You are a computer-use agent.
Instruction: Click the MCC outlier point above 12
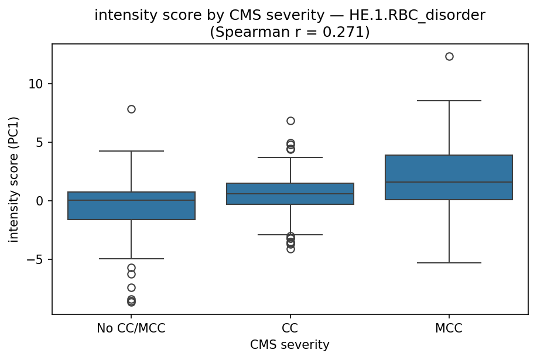[449, 57]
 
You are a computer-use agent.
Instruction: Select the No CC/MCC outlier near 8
[131, 109]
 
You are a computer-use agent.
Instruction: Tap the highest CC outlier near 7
[290, 121]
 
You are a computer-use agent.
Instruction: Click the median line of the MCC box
[449, 182]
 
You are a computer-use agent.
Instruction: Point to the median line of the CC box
[290, 194]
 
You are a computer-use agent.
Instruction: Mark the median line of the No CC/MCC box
[131, 200]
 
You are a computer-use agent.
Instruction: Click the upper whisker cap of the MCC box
[449, 101]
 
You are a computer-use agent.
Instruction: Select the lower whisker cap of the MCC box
[449, 263]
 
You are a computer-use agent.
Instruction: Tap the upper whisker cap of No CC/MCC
[131, 151]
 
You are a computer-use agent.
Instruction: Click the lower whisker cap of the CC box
[290, 235]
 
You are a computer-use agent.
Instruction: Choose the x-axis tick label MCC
[449, 328]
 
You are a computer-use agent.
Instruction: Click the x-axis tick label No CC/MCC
[131, 328]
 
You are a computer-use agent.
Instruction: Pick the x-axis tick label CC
[290, 328]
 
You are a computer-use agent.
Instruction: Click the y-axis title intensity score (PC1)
[13, 179]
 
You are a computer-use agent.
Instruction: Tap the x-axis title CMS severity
[290, 345]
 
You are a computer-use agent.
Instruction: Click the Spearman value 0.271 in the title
[345, 32]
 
